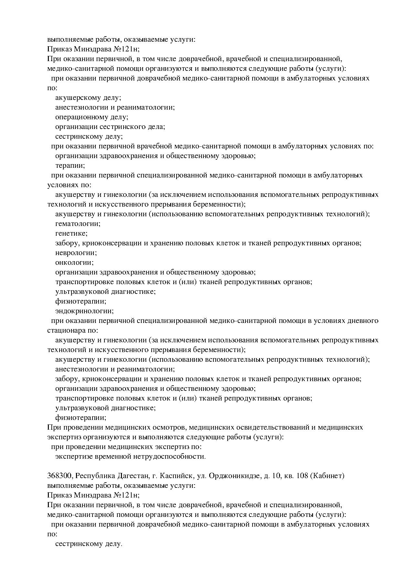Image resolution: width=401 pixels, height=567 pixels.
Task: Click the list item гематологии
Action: pyautogui.click(x=78, y=224)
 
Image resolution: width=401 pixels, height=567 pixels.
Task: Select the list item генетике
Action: pyautogui.click(x=71, y=233)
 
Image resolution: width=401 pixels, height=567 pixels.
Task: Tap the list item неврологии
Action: pyautogui.click(x=76, y=253)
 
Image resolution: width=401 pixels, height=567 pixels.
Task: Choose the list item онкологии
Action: pyautogui.click(x=74, y=262)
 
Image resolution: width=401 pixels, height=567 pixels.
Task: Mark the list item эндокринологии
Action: pyautogui.click(x=84, y=311)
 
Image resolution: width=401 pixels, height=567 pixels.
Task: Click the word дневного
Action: pyautogui.click(x=362, y=321)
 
